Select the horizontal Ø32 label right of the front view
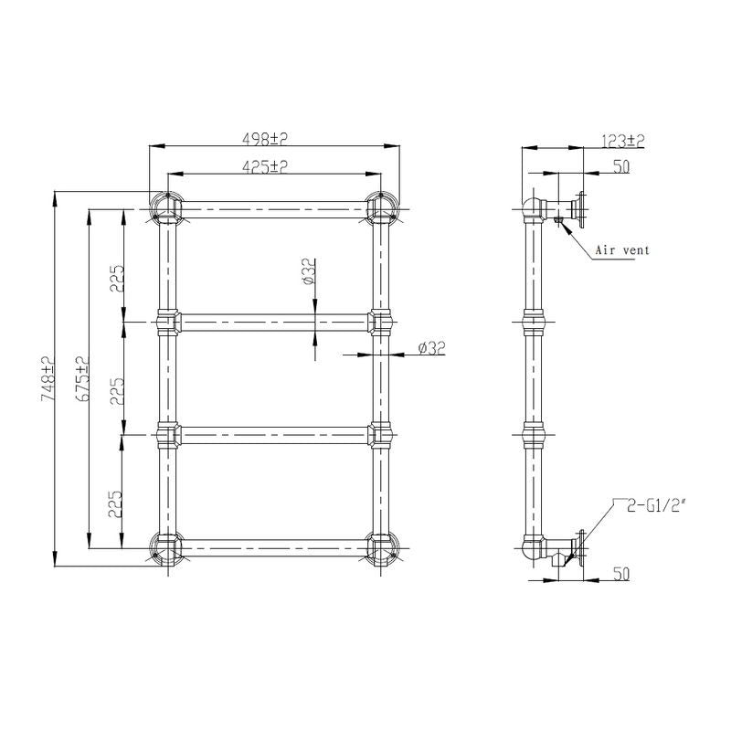pyautogui.click(x=429, y=348)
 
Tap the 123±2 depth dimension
pyautogui.click(x=624, y=141)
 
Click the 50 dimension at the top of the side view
pyautogui.click(x=621, y=166)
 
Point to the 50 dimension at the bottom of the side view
pyautogui.click(x=621, y=573)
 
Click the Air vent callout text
pyautogui.click(x=622, y=249)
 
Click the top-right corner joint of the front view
pyautogui.click(x=380, y=208)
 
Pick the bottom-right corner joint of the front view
pyautogui.click(x=380, y=547)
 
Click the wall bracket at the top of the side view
pyautogui.click(x=577, y=209)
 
